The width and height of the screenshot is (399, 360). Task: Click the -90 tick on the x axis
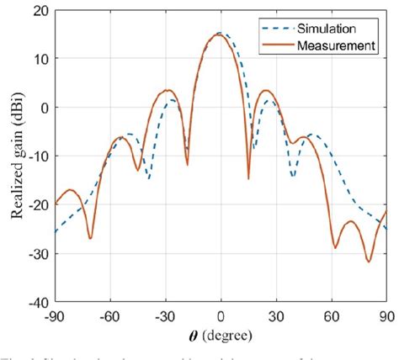[x=56, y=316]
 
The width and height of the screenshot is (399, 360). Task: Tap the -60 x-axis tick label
[x=110, y=316]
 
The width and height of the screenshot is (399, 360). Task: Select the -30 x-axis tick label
[x=165, y=316]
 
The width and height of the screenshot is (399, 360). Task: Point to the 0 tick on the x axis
[x=221, y=316]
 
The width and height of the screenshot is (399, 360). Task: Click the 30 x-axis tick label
[x=276, y=316]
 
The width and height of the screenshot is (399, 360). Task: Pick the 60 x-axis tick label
[x=332, y=316]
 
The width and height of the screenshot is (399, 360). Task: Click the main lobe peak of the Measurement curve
[x=219, y=35]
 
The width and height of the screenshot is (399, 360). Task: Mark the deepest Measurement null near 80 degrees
[x=369, y=261]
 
